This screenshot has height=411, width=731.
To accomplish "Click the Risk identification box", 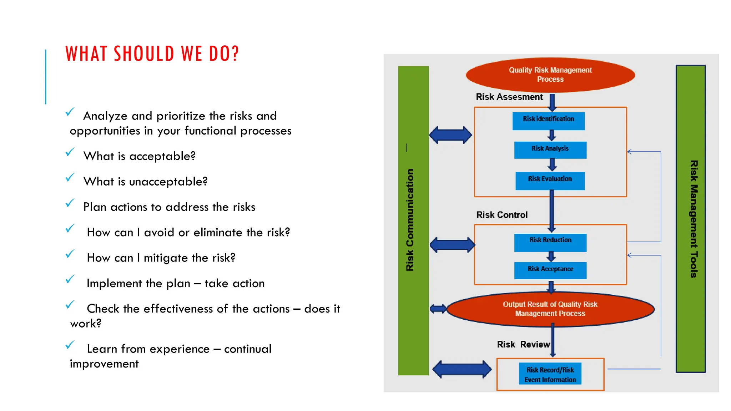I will [x=548, y=121].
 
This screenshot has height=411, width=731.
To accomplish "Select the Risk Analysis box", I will [x=550, y=150].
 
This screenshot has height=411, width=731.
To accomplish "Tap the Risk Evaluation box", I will [x=550, y=181].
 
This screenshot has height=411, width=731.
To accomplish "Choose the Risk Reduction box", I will [x=550, y=242].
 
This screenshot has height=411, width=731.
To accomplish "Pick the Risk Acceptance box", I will [x=550, y=270].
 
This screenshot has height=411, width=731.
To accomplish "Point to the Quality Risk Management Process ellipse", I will [x=550, y=75].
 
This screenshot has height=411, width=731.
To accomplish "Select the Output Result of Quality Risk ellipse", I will [x=550, y=309].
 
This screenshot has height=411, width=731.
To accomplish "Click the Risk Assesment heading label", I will [x=509, y=97].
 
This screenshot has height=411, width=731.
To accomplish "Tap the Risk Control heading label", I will [x=501, y=215].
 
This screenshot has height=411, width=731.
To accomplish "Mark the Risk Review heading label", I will [x=523, y=344].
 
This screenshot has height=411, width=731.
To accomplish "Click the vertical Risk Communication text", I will [x=410, y=220].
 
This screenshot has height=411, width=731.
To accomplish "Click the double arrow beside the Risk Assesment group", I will [x=450, y=135].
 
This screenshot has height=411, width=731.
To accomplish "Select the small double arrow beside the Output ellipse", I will [x=438, y=309].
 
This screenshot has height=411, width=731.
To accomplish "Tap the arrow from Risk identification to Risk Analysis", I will [x=552, y=135].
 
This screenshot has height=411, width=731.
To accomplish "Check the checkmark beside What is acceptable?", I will [x=70, y=152].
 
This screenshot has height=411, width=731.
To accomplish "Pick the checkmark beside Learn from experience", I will [x=70, y=345].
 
